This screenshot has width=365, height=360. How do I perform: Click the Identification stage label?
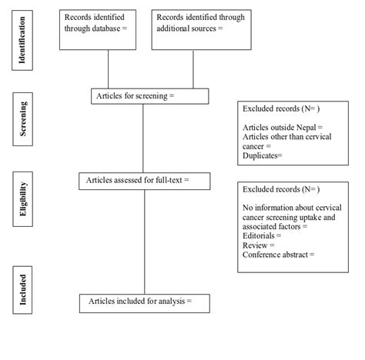click(22, 38)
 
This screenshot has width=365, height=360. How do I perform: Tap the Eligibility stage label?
click(22, 200)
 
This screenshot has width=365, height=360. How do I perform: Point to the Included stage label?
click(22, 288)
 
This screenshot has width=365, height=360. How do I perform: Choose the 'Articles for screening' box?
click(149, 96)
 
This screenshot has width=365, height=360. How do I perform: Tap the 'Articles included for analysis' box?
click(144, 302)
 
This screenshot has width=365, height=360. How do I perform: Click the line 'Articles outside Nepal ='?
click(283, 126)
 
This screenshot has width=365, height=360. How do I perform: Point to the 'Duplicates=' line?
click(263, 155)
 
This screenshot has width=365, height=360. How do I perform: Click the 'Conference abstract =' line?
click(279, 255)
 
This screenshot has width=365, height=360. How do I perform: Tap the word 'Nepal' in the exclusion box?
click(306, 126)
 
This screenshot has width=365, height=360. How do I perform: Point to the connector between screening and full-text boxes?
click(143, 138)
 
